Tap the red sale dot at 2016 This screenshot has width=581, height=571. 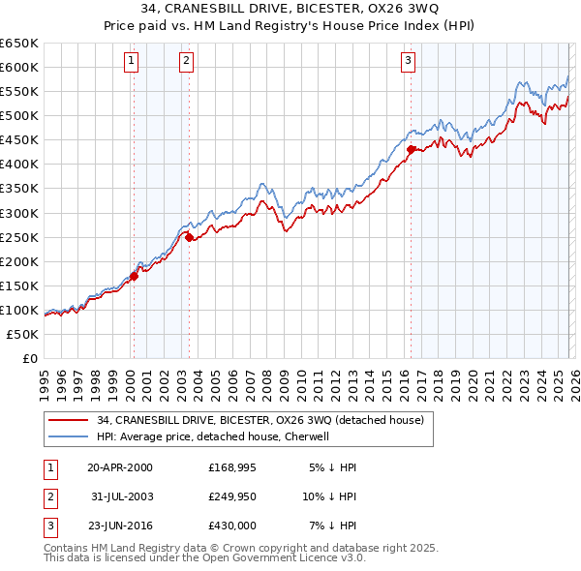coord(411,149)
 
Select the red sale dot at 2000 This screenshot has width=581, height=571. coord(135,276)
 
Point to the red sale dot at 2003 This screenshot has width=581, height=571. coord(190,236)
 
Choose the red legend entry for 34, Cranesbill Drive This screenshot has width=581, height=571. coord(260,420)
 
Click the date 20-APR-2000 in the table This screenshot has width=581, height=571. coord(119,467)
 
